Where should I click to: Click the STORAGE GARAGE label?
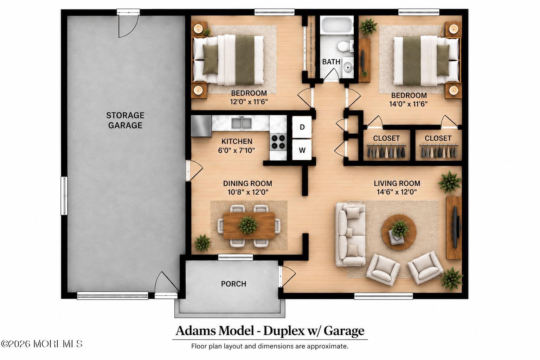click(x=125, y=120)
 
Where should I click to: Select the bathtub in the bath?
click(x=337, y=25)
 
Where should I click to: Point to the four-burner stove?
click(x=278, y=142)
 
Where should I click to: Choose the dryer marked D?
click(x=302, y=127)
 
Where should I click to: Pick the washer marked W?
click(x=302, y=150)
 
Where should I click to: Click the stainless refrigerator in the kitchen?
click(x=201, y=126)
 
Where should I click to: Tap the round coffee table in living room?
click(x=399, y=232)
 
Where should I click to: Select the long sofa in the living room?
click(x=351, y=234)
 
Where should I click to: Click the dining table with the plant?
click(x=249, y=225)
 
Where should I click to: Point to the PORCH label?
click(x=233, y=284)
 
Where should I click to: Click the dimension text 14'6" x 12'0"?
click(x=397, y=192)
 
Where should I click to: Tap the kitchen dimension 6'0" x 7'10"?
click(x=236, y=150)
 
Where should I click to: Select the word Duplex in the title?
click(x=284, y=330)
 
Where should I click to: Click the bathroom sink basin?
click(x=348, y=67)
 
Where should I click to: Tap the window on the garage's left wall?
click(x=64, y=195)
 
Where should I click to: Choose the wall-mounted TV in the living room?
click(x=455, y=227)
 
